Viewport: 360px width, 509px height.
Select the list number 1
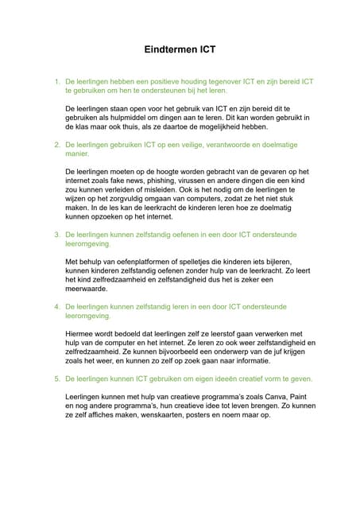(56, 81)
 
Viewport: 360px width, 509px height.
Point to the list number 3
(56, 235)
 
